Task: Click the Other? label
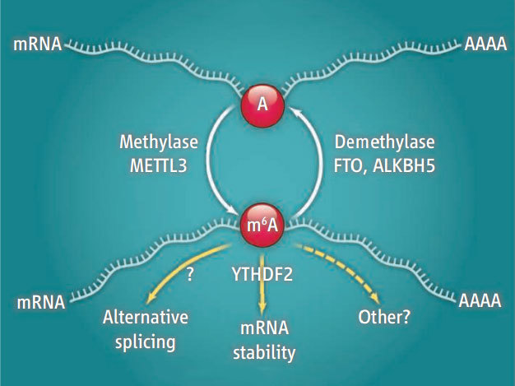[386, 318]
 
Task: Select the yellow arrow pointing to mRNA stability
[262, 284]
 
